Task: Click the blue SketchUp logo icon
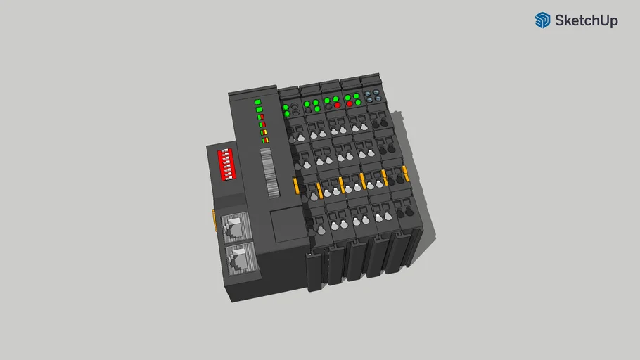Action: [542, 20]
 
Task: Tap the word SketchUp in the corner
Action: [586, 21]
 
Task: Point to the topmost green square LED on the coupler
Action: [257, 102]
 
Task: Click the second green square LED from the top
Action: [259, 110]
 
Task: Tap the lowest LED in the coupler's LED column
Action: [265, 140]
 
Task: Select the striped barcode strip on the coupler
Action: [269, 172]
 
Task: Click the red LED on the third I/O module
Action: [337, 105]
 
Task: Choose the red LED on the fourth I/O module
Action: [349, 103]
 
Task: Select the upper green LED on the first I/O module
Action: [286, 107]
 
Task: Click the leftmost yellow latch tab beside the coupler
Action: [296, 186]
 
